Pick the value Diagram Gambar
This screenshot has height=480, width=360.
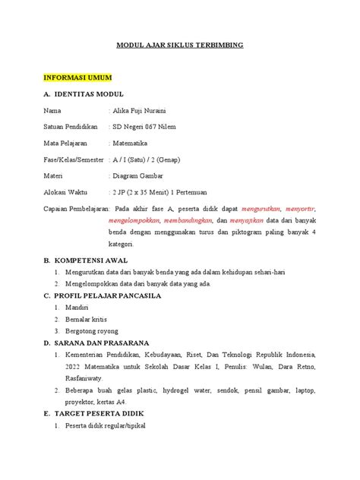click(x=140, y=174)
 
